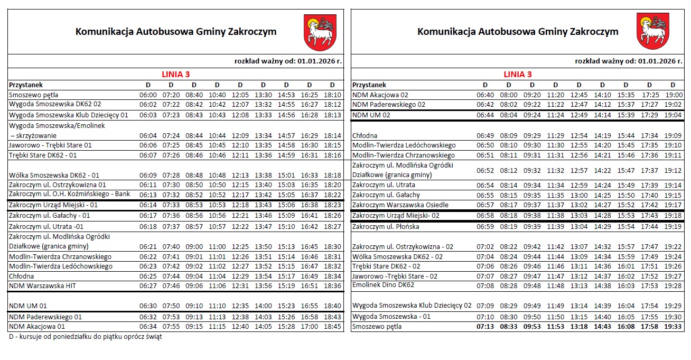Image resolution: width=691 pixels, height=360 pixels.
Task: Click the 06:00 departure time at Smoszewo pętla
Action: (x=148, y=95)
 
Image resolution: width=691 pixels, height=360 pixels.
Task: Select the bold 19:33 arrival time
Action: (x=673, y=326)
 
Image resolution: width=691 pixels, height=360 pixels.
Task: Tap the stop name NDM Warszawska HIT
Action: (x=36, y=286)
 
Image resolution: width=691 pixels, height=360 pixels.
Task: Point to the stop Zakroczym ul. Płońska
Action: (x=386, y=226)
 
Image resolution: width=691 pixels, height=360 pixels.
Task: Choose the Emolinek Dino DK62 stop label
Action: (x=383, y=285)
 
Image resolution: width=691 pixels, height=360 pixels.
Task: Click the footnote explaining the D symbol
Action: (x=86, y=337)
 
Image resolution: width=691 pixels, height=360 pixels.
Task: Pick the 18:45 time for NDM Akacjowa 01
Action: (x=332, y=326)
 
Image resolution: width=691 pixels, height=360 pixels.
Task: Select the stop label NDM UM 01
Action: (x=28, y=306)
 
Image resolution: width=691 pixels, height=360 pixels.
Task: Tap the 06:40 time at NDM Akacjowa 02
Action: (x=485, y=95)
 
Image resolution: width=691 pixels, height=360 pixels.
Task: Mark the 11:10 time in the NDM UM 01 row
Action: (x=217, y=306)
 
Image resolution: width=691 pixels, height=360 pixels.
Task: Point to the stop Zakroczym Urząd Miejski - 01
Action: (x=53, y=205)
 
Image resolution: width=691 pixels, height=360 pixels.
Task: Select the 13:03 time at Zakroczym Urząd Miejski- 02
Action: (x=578, y=215)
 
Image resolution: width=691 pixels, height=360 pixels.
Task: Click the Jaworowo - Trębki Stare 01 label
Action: (x=51, y=145)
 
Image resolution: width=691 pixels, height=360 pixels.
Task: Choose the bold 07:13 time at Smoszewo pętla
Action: (x=485, y=326)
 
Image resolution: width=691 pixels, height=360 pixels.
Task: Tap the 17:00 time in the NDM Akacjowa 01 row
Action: (x=309, y=326)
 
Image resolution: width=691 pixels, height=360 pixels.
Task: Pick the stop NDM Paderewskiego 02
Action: (x=388, y=105)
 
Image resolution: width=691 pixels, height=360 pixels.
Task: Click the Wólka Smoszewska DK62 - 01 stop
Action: (x=54, y=175)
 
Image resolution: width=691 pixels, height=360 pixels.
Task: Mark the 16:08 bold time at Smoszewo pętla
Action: (x=625, y=326)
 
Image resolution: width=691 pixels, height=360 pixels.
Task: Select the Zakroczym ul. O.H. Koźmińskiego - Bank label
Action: (x=69, y=194)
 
